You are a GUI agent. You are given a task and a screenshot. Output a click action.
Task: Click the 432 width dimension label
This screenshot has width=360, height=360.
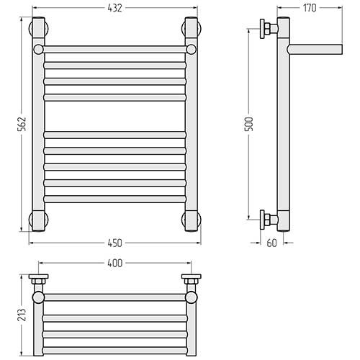point(115,8)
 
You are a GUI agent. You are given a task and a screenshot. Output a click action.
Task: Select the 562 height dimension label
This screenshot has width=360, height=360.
point(22,124)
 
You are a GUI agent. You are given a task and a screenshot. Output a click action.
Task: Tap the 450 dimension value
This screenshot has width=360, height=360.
point(115,243)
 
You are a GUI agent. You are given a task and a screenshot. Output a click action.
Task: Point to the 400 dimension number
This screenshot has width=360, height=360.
point(115,264)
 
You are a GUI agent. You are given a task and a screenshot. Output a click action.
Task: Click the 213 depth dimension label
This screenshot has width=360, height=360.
point(22,315)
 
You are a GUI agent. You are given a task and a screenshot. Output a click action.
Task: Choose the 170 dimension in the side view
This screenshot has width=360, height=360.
point(310,8)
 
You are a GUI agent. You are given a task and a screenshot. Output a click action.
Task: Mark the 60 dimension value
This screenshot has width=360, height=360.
point(271,243)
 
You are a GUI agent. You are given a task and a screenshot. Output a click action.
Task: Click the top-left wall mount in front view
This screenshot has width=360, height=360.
point(39,29)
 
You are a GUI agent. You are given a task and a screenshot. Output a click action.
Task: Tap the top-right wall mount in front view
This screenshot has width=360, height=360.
point(192,29)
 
